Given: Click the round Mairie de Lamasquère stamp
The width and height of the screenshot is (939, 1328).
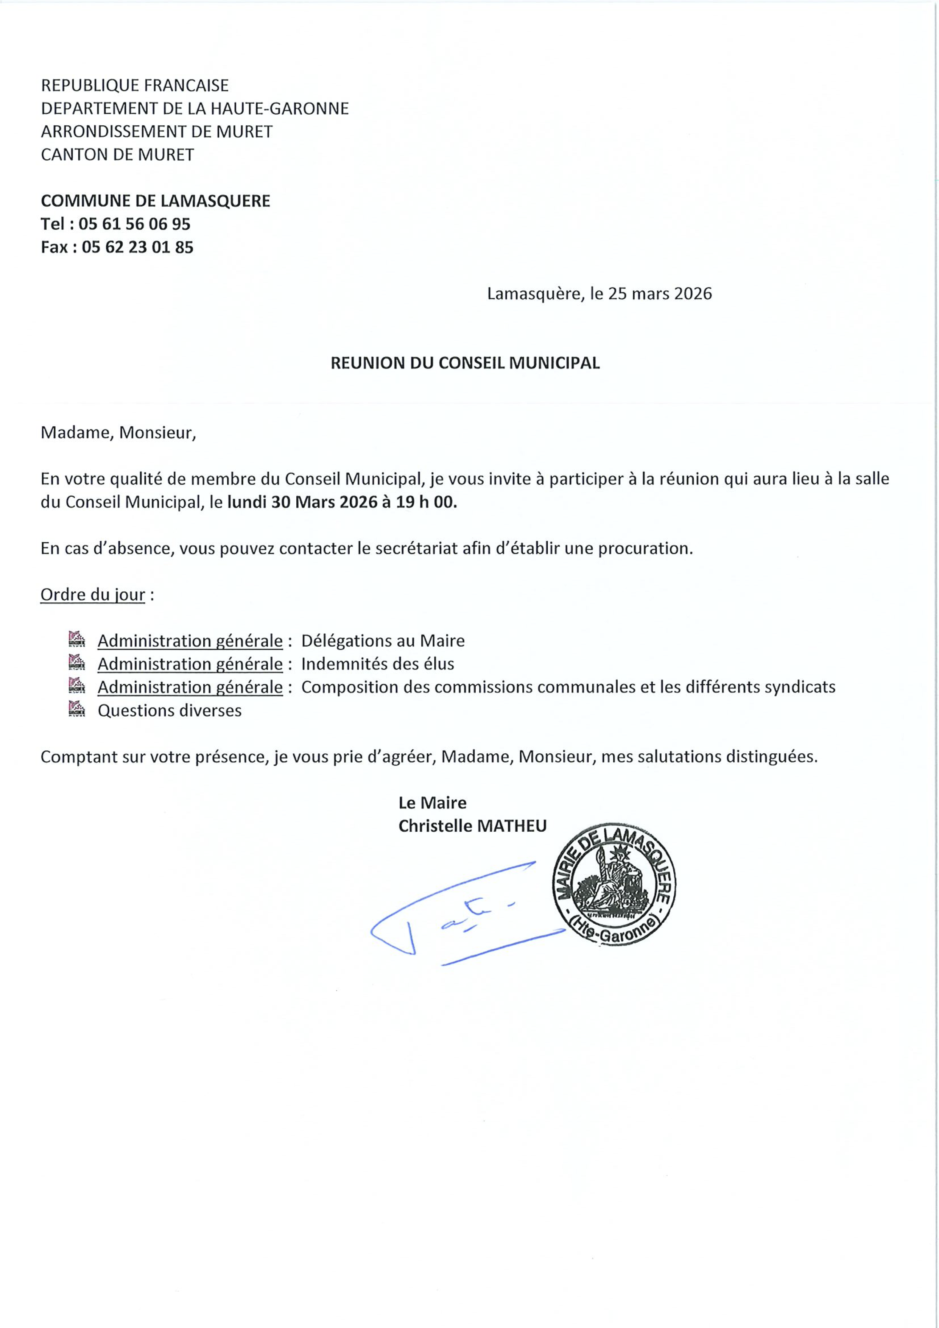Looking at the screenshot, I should pos(614,885).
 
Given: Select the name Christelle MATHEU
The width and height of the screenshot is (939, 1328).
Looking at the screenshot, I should pos(472,826).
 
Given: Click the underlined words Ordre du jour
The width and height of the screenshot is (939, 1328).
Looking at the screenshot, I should pos(92,595).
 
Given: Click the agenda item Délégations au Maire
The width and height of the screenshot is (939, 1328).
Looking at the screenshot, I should pos(383,641).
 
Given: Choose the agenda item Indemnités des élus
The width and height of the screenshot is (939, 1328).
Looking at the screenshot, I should pos(378,664).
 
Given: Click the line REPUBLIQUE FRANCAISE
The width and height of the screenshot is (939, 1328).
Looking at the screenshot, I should pos(135,86).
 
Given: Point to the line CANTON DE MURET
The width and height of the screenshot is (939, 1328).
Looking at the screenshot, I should pos(117,155).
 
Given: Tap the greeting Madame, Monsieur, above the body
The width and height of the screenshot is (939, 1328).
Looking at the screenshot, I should pos(118,433).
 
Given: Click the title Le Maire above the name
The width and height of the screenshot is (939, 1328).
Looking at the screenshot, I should pos(432,803).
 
